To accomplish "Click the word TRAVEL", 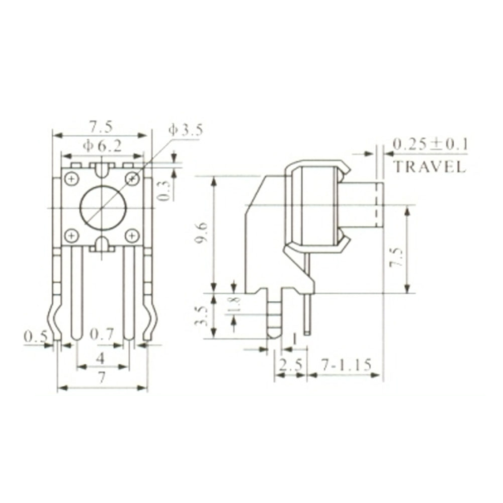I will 429,166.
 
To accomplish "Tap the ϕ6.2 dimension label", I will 102,146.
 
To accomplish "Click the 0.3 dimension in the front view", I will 164,190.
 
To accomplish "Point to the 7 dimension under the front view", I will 102,378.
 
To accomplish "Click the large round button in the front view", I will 103,207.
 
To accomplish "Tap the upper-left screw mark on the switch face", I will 71,178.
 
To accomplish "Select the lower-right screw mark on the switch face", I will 132,235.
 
